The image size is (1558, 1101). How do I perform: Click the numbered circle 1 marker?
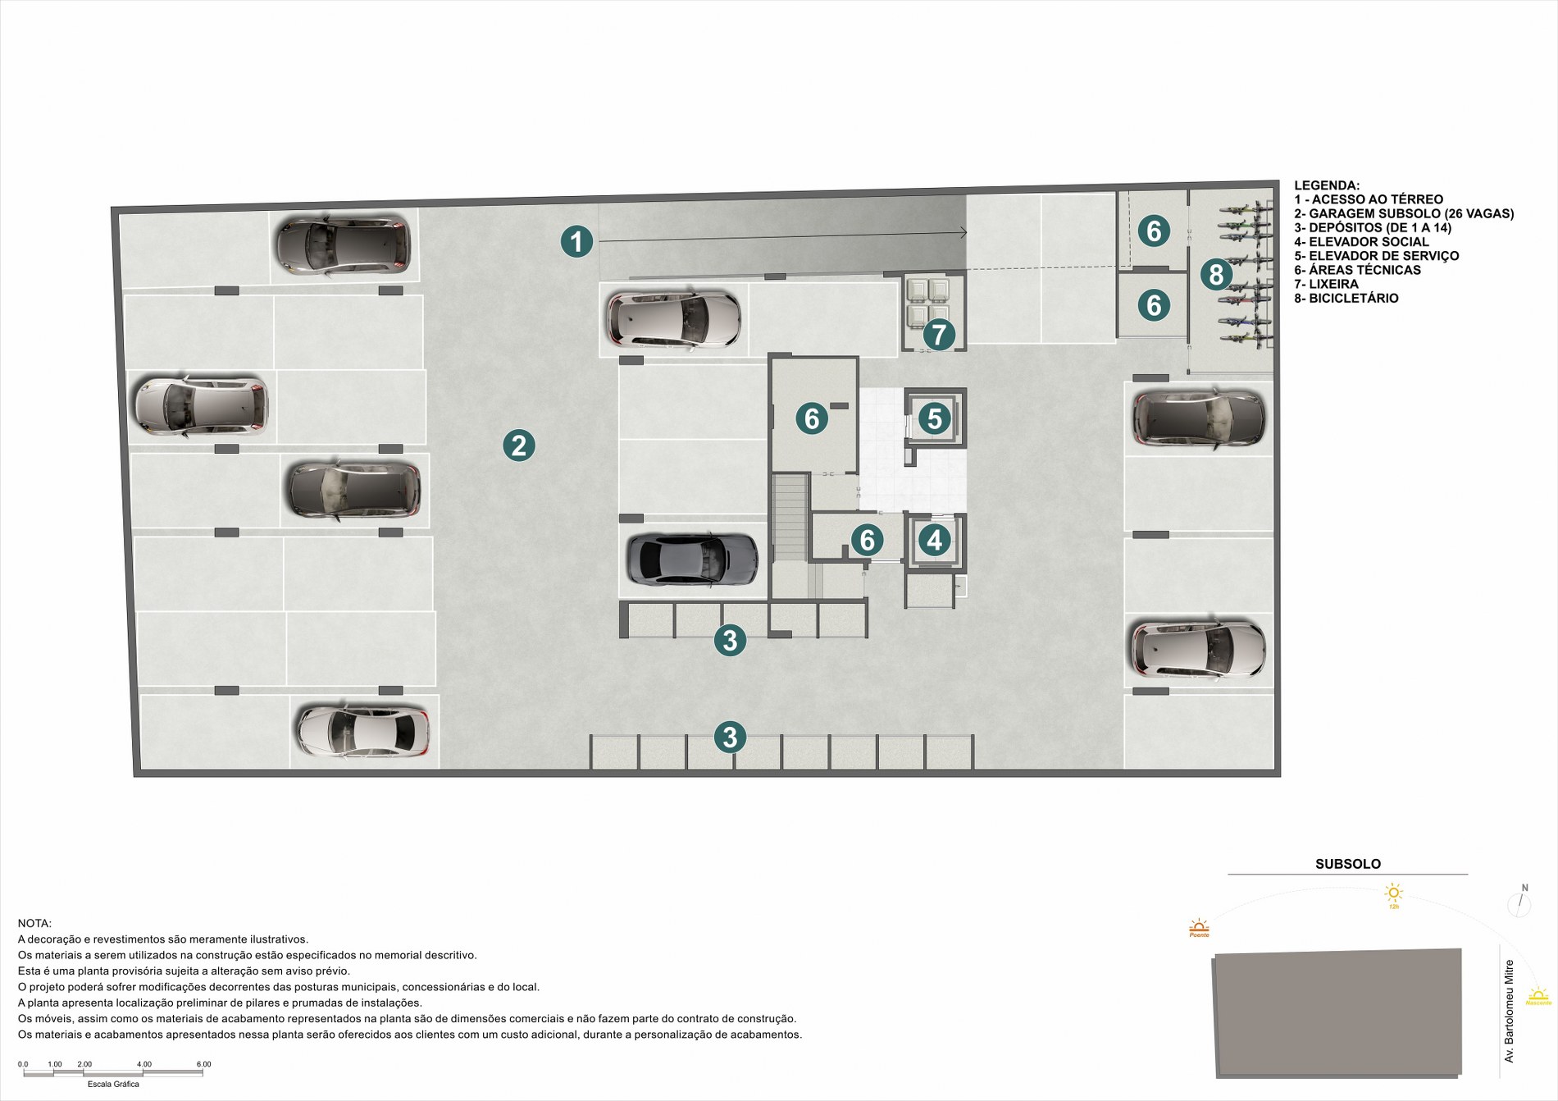(576, 241)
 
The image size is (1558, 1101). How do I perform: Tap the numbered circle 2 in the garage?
(519, 445)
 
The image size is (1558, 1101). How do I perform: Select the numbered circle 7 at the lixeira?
(939, 335)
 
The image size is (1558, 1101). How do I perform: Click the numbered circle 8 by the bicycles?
(1216, 274)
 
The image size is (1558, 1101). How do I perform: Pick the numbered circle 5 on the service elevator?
(934, 418)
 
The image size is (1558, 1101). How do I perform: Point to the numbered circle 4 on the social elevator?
(934, 540)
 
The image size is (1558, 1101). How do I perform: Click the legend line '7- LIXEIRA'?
(1326, 284)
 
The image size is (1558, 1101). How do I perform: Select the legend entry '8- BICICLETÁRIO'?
(1346, 299)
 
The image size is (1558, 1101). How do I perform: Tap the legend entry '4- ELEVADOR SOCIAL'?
(1361, 242)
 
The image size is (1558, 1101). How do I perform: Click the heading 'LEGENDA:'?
(1327, 185)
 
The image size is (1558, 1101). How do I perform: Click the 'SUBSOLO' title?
(1348, 864)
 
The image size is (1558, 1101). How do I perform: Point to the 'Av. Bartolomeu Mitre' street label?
(1509, 1012)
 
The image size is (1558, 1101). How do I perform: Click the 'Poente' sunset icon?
(1199, 928)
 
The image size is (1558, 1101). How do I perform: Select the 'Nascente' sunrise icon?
(1538, 996)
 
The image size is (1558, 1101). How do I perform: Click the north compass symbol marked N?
(1519, 901)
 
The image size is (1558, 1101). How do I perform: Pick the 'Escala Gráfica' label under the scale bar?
(113, 1084)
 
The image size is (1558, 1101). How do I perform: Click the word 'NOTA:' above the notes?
(34, 924)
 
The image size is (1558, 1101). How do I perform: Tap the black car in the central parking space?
(692, 560)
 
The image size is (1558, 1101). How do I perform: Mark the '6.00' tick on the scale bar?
(203, 1064)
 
